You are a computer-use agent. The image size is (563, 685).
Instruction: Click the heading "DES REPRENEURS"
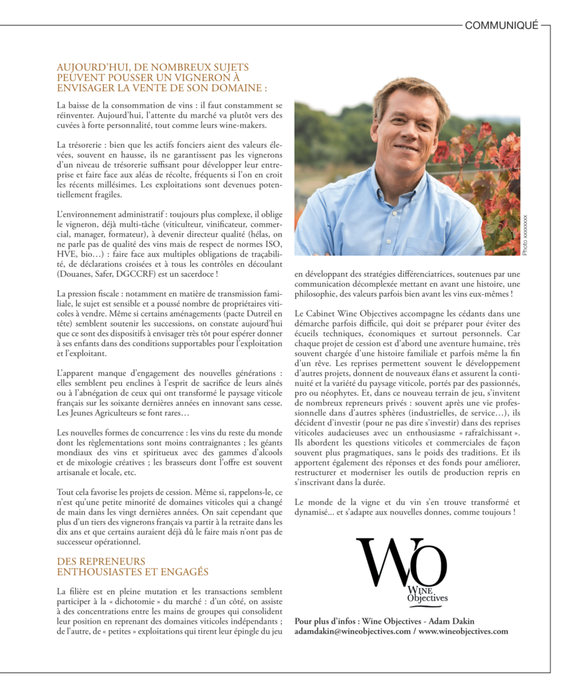(x=101, y=561)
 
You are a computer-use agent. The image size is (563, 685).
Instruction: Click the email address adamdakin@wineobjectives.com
(x=352, y=631)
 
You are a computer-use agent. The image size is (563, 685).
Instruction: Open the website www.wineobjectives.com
(x=463, y=631)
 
